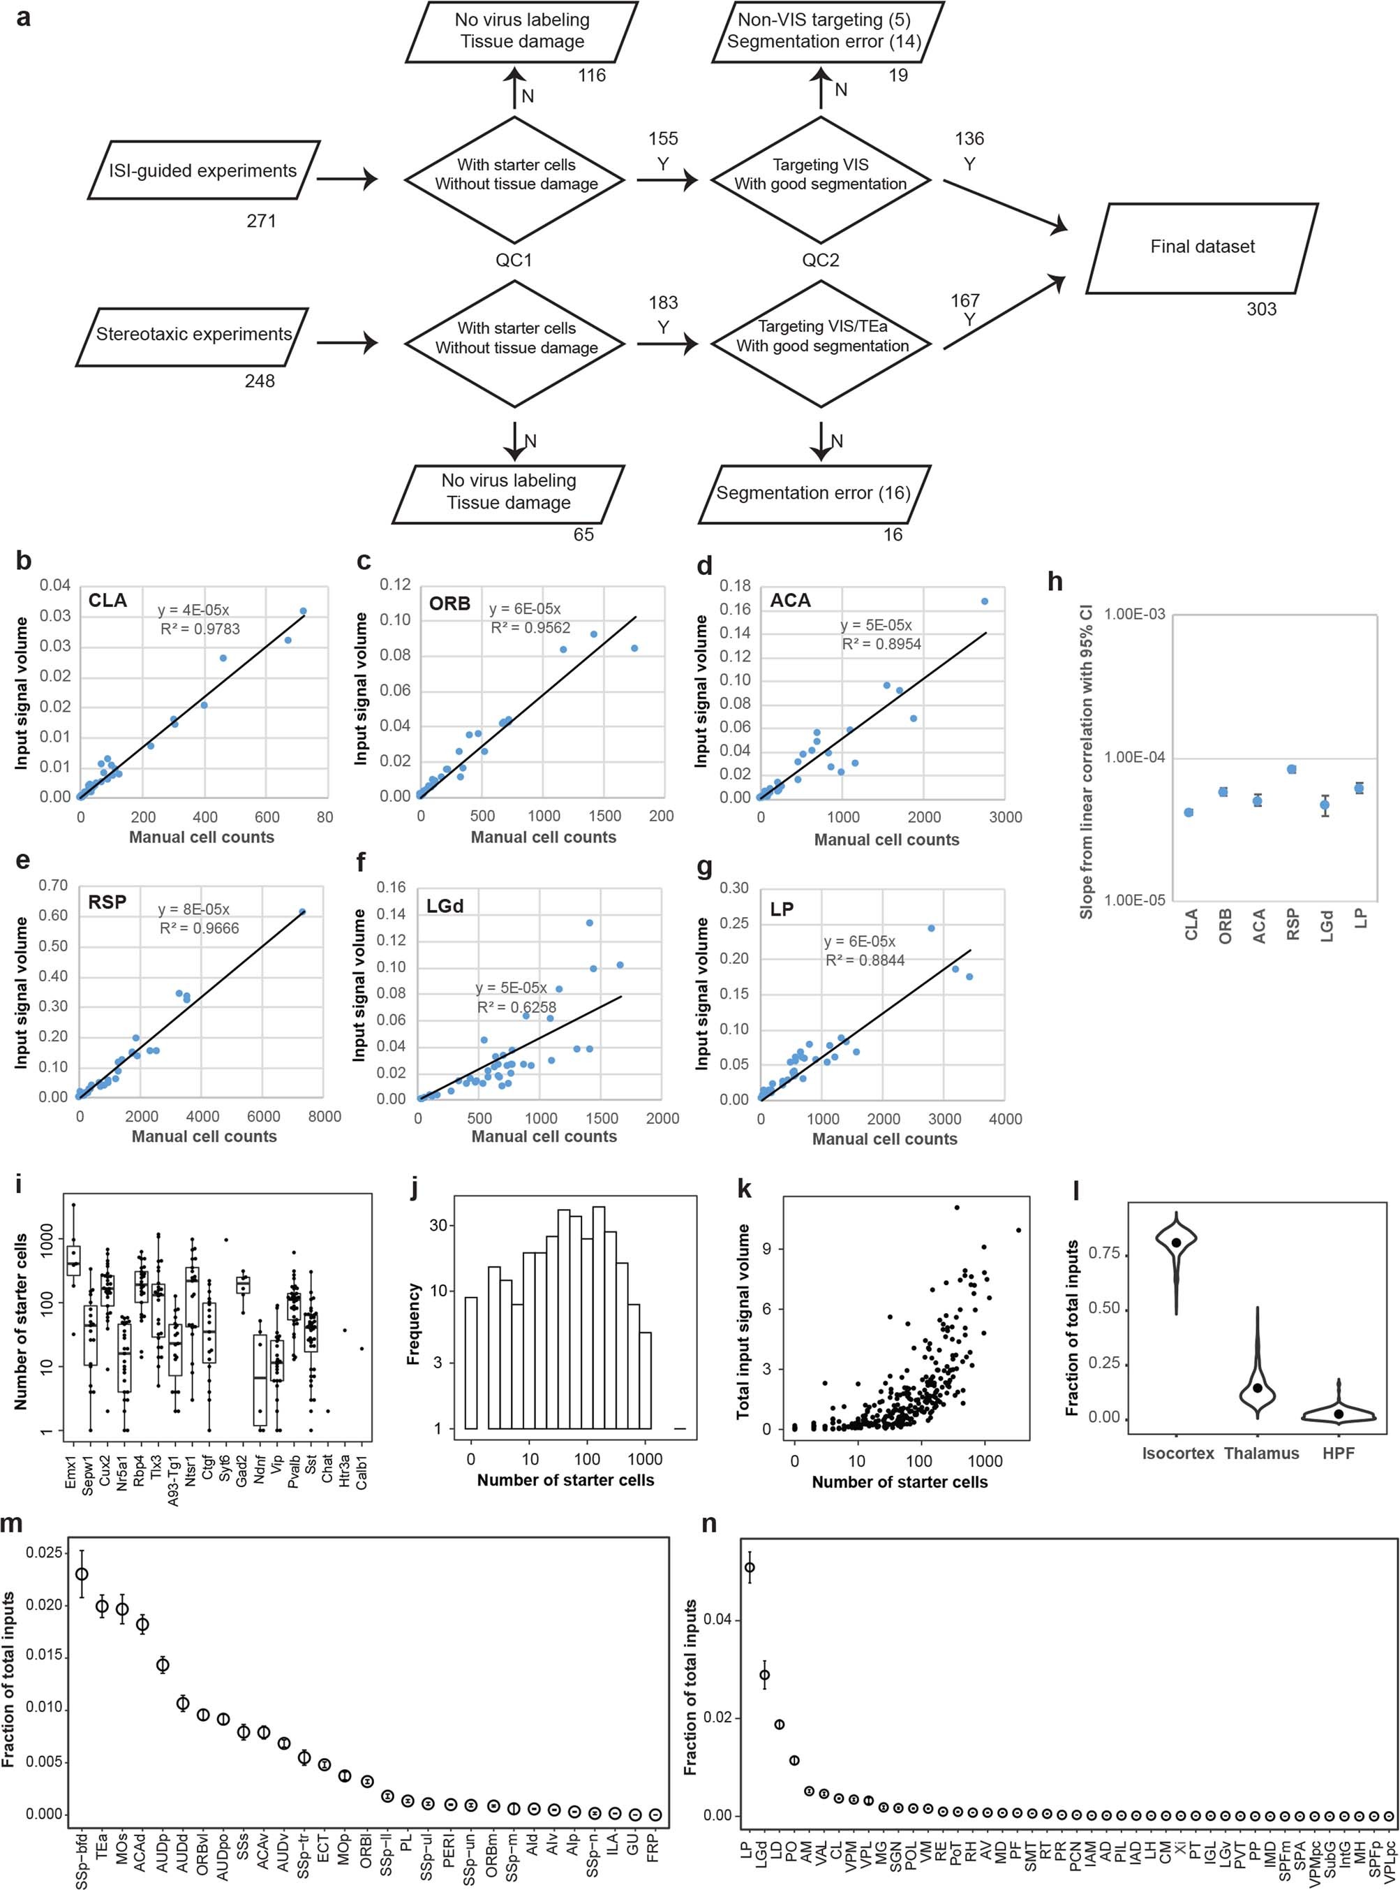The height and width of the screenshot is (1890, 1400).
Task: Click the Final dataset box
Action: click(x=1202, y=247)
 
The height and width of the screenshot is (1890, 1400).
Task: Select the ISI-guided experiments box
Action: click(x=202, y=170)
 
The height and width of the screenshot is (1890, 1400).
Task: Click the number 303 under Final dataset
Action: click(x=1261, y=309)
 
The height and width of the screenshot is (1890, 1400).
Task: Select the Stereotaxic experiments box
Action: click(x=193, y=334)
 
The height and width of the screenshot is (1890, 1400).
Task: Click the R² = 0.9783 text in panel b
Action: click(x=200, y=629)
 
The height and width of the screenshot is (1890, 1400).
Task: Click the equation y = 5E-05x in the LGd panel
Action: click(x=511, y=988)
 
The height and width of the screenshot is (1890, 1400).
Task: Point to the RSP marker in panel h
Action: click(x=1292, y=770)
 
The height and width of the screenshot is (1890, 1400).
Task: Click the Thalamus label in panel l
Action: click(x=1261, y=1453)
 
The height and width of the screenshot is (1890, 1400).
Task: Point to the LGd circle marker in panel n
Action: click(x=764, y=1675)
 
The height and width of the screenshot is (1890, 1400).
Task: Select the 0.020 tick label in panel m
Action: click(x=44, y=1605)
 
